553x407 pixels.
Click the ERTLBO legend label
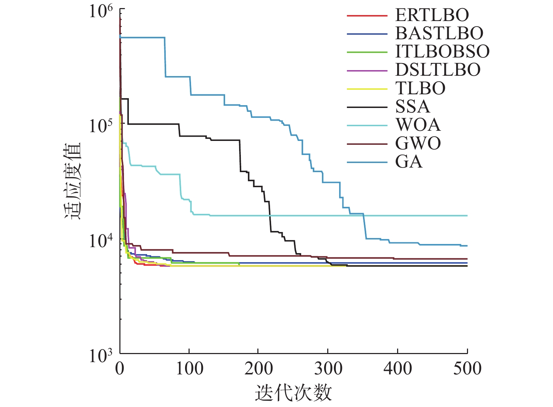pos(432,15)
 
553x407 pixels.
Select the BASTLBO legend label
pos(439,33)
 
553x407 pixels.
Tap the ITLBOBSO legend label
pos(442,52)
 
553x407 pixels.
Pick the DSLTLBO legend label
pos(438,70)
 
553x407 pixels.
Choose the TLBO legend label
pos(420,88)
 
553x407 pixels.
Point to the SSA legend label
pos(413,107)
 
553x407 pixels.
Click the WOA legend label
pos(418,125)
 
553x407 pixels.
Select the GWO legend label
pos(418,143)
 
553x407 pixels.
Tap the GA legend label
pos(409,162)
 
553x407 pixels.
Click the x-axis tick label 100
pos(189,369)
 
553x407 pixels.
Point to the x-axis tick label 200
pos(259,369)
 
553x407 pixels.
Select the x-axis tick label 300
pos(328,369)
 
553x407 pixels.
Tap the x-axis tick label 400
pos(398,369)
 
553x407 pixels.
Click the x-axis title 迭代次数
pos(293,393)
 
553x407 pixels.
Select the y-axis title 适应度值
pos(73,181)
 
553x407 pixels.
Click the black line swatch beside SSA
pos(367,107)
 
